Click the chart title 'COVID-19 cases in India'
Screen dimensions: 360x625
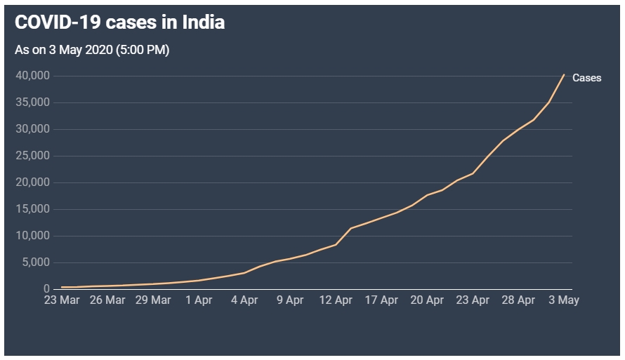[x=119, y=22]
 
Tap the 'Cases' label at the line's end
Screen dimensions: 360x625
[x=586, y=78]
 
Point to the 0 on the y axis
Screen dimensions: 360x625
[x=46, y=289]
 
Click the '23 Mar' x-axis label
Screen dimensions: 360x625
[x=62, y=300]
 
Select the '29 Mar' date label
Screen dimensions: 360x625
[x=153, y=300]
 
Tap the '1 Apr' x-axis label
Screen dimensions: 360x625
[x=199, y=300]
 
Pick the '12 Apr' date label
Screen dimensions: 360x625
[x=336, y=300]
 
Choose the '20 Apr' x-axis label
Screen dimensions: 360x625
[x=427, y=300]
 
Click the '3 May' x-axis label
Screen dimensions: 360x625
[x=564, y=300]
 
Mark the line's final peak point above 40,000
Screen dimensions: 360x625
[x=564, y=74]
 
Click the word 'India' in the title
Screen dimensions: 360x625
[x=204, y=22]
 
